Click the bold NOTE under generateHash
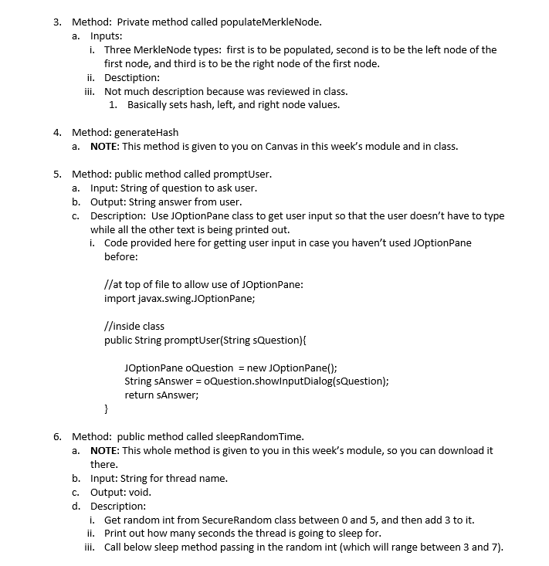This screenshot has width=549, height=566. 104,146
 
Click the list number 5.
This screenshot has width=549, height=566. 57,174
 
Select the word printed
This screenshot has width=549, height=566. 267,229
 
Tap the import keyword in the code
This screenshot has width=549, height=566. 120,298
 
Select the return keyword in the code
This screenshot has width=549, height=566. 139,395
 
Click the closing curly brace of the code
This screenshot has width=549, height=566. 107,408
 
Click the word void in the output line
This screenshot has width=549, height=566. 138,492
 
